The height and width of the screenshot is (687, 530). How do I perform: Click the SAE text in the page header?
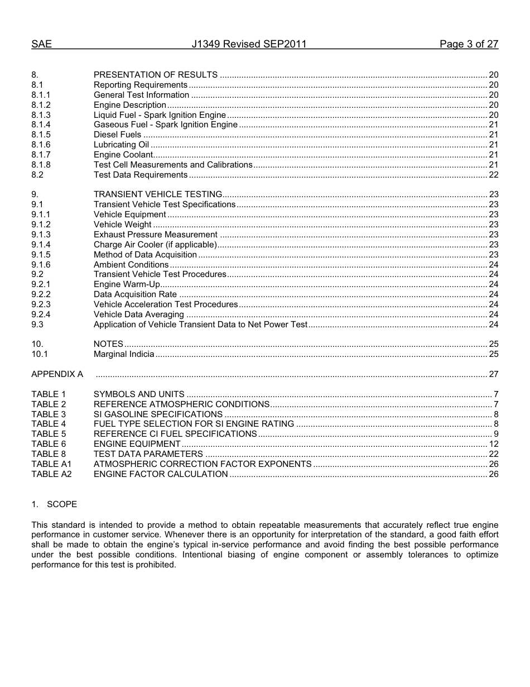coord(41,44)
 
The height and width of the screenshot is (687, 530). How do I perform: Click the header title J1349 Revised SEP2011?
coord(249,44)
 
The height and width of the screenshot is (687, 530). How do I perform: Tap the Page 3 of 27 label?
coord(469,44)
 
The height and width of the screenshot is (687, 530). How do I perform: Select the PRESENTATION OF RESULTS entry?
coord(156,75)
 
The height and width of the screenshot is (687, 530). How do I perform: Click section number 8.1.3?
coord(41,115)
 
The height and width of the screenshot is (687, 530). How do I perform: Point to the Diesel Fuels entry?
coord(117,135)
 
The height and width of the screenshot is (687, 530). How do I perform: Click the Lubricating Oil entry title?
coord(121,145)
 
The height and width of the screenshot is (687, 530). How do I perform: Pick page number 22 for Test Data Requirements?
coord(493,175)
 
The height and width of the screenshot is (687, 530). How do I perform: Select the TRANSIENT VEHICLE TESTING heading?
coord(158,194)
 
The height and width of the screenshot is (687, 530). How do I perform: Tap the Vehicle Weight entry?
coord(122,225)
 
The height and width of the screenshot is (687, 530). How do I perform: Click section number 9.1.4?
coord(41,245)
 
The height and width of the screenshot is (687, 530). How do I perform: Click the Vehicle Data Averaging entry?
coord(138,314)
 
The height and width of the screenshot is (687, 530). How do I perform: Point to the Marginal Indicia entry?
coord(124,354)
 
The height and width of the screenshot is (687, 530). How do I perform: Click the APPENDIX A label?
coord(57,374)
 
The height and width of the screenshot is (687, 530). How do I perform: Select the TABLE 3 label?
coord(49,414)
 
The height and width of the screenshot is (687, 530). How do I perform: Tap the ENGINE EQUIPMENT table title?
coord(137,444)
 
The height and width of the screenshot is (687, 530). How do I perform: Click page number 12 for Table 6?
coord(493,444)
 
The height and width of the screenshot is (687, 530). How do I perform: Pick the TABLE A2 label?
coord(51,474)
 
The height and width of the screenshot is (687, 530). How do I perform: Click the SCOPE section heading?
coord(61,504)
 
